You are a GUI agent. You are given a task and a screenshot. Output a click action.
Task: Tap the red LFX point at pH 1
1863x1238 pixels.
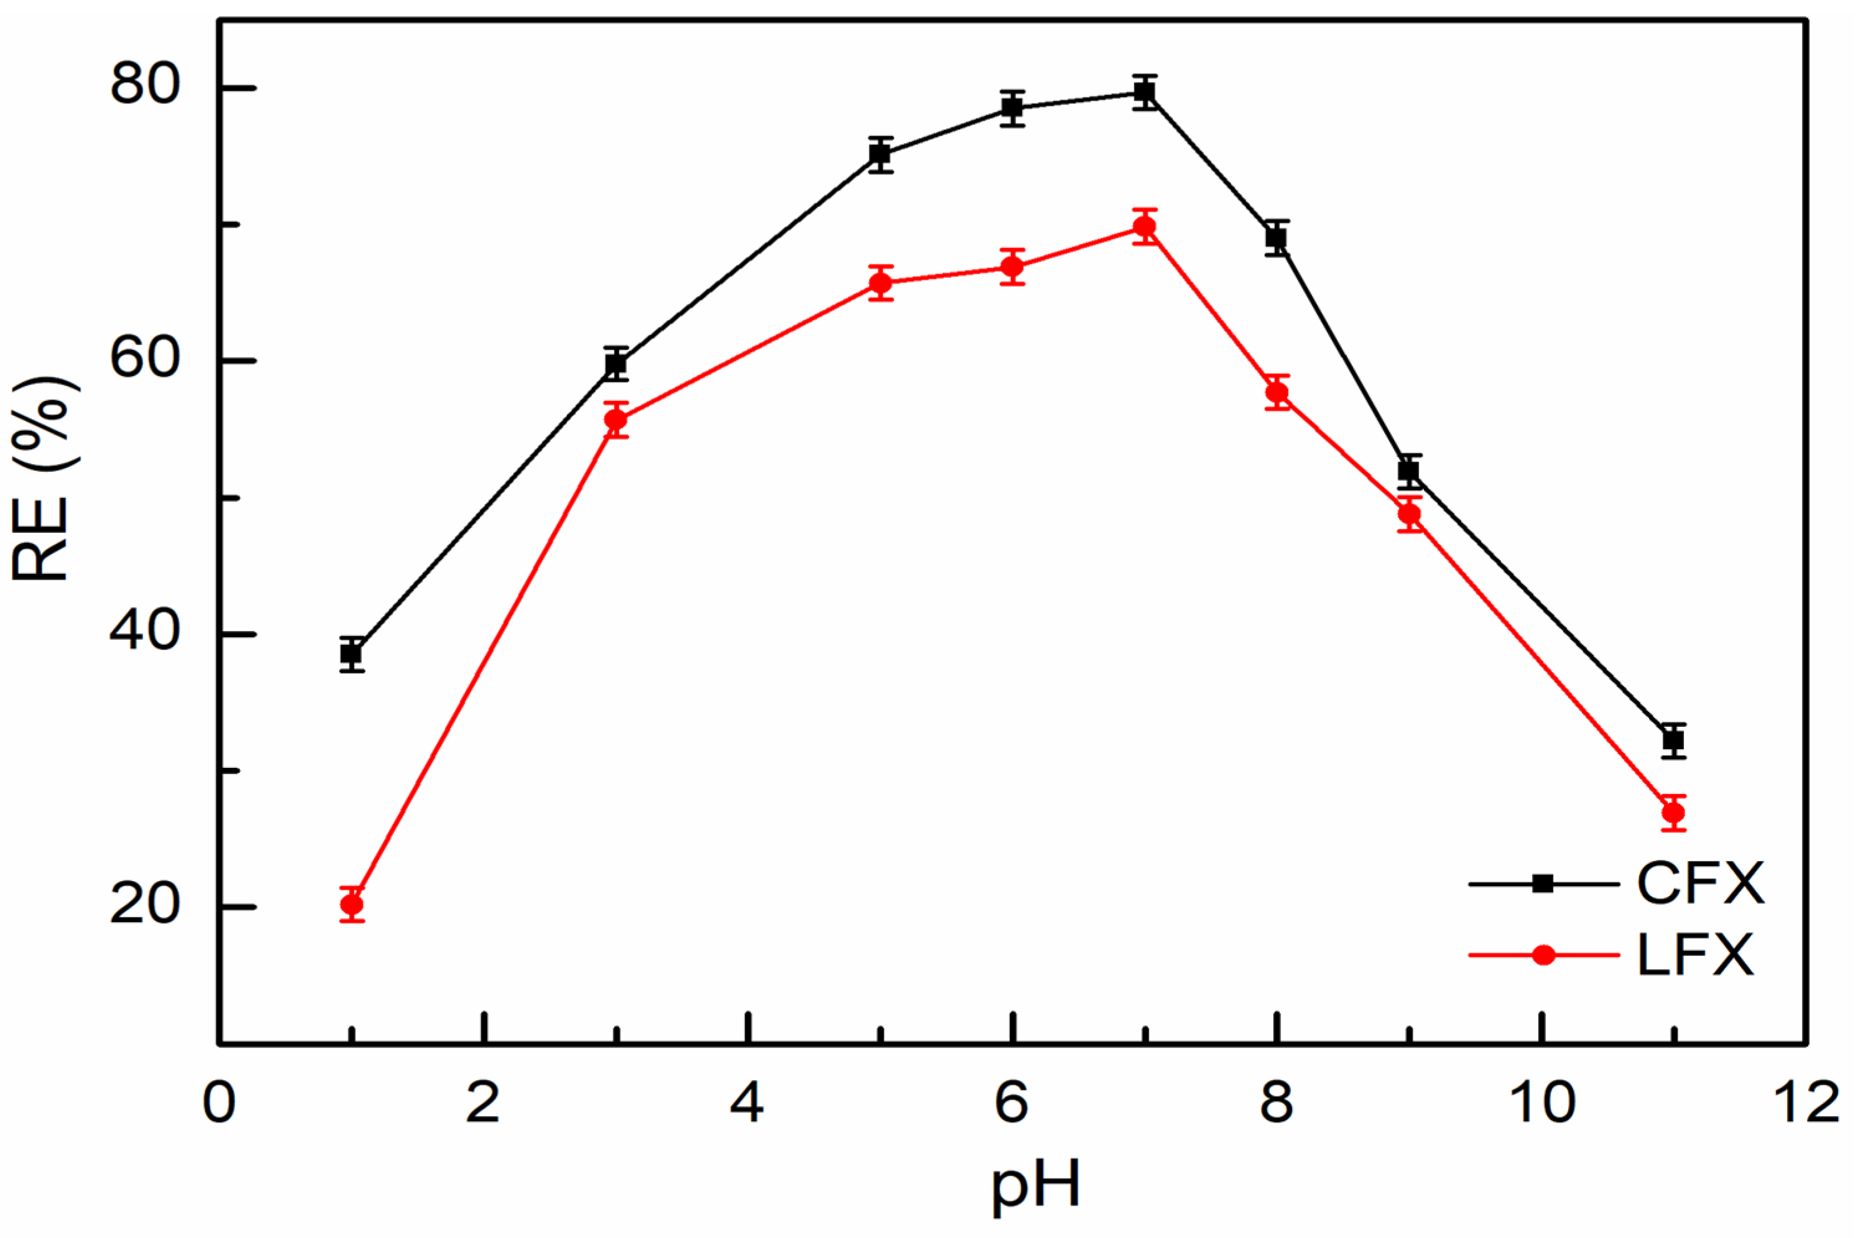352,905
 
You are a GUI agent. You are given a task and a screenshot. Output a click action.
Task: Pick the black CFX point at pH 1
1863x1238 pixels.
352,654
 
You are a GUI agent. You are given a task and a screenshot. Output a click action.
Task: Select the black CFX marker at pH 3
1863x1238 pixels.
616,364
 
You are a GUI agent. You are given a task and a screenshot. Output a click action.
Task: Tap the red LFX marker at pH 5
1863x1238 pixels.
881,284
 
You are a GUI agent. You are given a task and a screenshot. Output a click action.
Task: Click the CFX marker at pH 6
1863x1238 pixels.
1013,108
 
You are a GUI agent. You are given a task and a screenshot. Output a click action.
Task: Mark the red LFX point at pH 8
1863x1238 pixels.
1277,392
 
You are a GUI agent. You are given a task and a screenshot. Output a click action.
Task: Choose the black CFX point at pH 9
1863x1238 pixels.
1409,471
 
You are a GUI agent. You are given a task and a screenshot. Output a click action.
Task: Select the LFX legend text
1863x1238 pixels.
1696,955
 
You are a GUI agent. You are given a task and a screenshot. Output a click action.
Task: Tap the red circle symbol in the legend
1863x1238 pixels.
1543,955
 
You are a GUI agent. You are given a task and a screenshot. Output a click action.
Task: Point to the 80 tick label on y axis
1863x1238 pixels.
146,85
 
